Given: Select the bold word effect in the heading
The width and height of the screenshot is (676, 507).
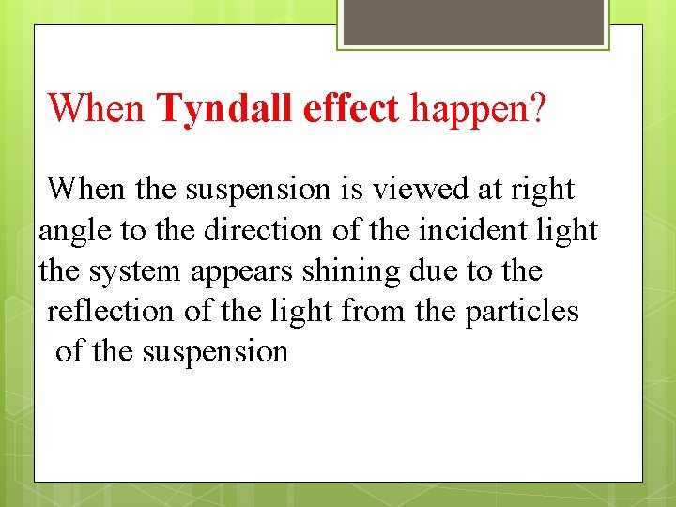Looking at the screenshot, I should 351,109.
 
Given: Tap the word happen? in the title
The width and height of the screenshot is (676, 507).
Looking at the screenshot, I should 477,109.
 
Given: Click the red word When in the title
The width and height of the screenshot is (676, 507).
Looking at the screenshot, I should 96,109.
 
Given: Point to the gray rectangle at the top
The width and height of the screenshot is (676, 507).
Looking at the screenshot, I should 472,22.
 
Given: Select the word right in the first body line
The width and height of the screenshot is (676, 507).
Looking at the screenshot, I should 543,190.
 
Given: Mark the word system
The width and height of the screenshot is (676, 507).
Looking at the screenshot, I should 135,270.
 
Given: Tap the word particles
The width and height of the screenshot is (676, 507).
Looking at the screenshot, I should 522,311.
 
